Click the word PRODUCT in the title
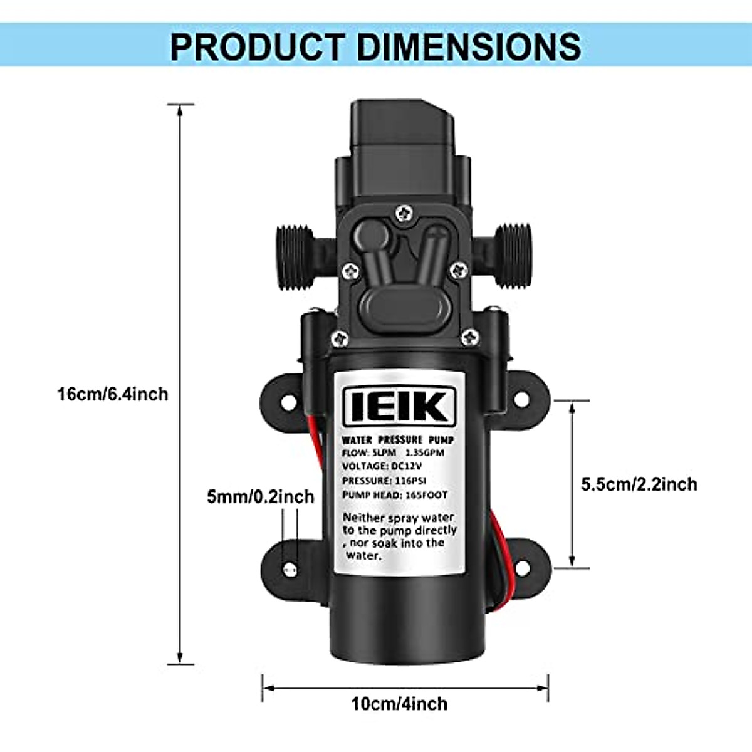258,47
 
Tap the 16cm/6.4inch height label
113,394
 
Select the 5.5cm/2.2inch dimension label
639,484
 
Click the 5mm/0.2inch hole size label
260,497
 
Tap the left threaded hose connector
295,257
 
